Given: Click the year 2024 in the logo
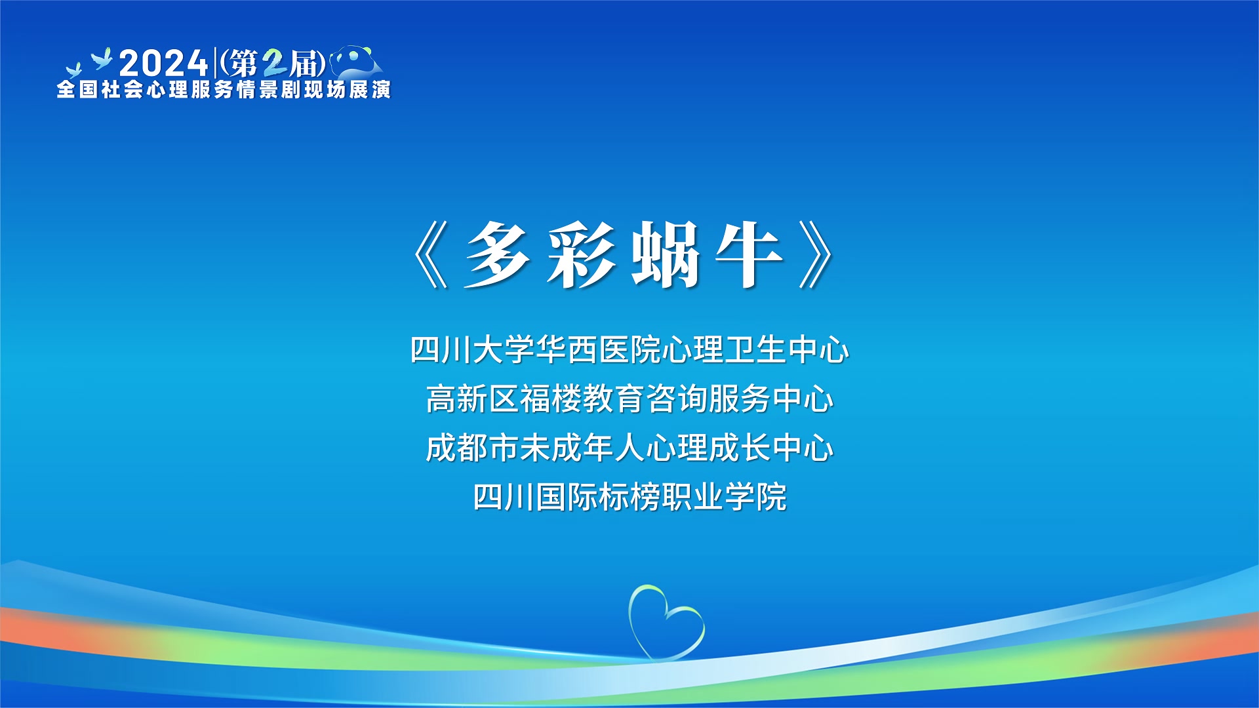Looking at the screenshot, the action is [x=163, y=64].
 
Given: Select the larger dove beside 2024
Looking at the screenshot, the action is [x=102, y=58].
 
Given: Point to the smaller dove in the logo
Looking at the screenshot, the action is [x=73, y=69].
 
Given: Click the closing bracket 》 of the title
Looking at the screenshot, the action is [x=816, y=254].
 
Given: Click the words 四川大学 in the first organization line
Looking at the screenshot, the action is [x=472, y=349].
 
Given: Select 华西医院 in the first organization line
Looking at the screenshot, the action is [x=598, y=349].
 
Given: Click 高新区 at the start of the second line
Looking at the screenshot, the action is [x=472, y=399].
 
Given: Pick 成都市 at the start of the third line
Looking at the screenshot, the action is [x=472, y=448].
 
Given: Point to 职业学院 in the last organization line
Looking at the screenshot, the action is [x=724, y=497].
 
